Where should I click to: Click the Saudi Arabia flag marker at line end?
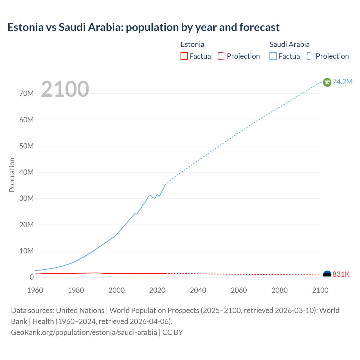point(327,82)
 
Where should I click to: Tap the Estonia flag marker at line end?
point(327,274)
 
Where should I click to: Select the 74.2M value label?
point(342,82)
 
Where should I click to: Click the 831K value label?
point(341,274)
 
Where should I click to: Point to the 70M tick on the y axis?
point(26,93)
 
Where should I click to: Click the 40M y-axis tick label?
point(26,172)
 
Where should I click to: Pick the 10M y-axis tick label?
point(26,251)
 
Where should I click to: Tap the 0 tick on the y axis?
point(31,277)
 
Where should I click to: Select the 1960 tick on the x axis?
point(35,290)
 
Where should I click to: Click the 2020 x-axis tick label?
point(157,290)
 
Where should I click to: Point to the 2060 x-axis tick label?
point(239,290)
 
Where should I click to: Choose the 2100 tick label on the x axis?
point(320,290)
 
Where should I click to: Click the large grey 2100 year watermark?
point(65,89)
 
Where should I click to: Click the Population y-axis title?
point(12,175)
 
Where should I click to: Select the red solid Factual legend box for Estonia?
point(184,56)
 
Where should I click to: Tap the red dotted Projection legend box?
point(222,56)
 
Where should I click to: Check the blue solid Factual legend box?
point(273,56)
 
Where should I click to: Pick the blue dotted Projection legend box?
point(311,56)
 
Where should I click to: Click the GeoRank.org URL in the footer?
point(84,332)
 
